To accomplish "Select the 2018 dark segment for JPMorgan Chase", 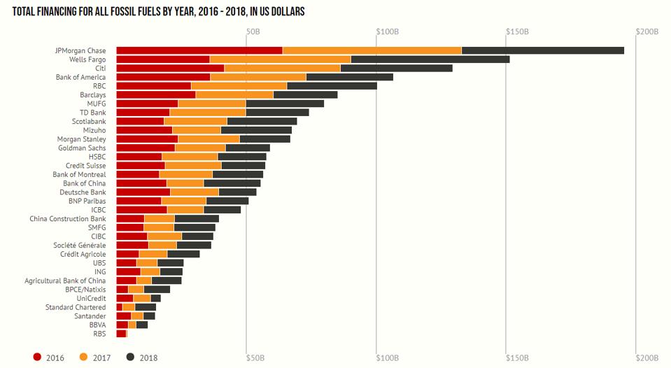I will point(543,50).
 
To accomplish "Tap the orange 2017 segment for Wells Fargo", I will point(280,59).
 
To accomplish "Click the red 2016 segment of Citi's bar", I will point(170,69).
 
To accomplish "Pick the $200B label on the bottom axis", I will point(647,358).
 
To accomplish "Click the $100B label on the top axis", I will point(387,32).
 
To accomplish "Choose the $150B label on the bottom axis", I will point(517,358).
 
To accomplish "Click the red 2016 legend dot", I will point(38,358).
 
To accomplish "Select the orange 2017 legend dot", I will point(84,358).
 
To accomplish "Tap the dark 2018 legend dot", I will point(130,358).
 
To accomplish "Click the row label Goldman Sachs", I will point(82,148).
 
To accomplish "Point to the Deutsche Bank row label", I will point(83,192).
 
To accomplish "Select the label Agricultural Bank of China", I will point(65,281).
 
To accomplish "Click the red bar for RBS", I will point(121,334).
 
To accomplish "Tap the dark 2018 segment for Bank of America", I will point(349,77).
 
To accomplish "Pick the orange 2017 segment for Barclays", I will point(234,94).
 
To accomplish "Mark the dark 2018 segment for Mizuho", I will point(256,130).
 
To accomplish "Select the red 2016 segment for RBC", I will point(153,86).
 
